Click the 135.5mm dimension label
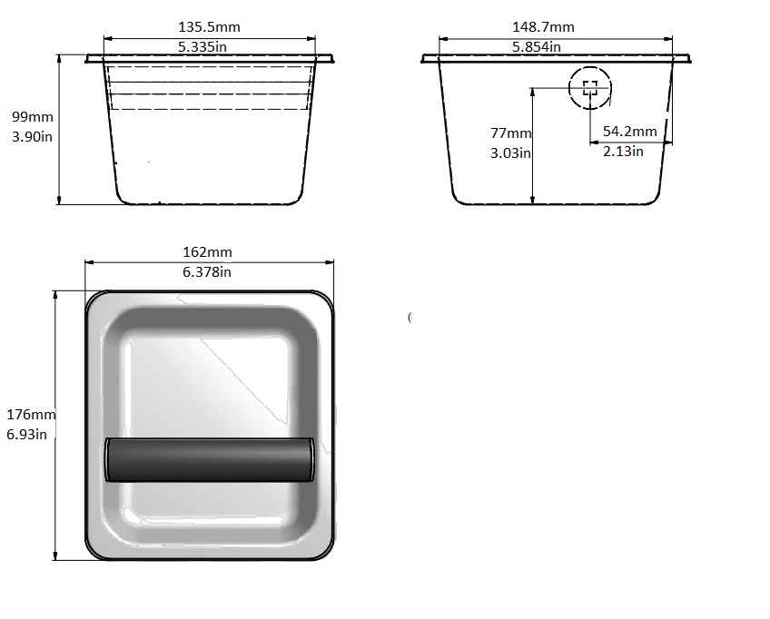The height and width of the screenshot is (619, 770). click(x=210, y=28)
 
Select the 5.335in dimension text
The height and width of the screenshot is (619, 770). click(x=210, y=47)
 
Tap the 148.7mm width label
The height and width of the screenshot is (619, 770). click(x=543, y=28)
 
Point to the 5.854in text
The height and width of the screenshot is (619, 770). click(x=536, y=47)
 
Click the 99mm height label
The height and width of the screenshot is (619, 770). click(x=32, y=117)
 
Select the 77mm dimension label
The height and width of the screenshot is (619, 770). click(x=511, y=133)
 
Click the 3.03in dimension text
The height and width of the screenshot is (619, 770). click(x=510, y=153)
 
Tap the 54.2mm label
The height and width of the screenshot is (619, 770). click(x=629, y=132)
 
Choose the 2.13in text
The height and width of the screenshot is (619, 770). click(x=623, y=151)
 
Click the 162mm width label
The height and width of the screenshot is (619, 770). click(x=208, y=251)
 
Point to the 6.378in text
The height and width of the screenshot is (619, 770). click(x=208, y=271)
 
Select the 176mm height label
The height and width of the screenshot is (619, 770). click(x=31, y=415)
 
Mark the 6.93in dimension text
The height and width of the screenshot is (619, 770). click(x=27, y=435)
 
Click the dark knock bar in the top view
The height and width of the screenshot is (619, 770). click(x=210, y=458)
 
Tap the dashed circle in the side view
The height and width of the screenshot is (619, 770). click(x=590, y=88)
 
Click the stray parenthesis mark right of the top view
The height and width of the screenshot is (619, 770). click(x=410, y=317)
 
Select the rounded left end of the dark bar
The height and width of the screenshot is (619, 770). click(x=109, y=458)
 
